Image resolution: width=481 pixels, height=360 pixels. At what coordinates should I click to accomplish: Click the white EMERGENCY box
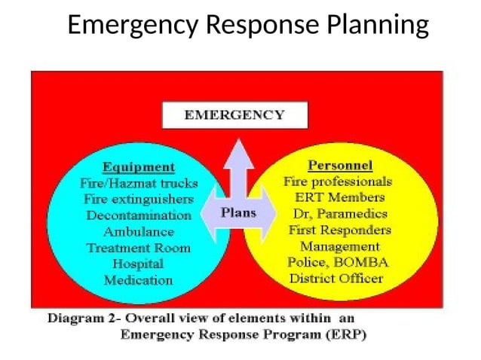point(235,115)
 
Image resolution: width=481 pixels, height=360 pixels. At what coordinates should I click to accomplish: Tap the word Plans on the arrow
point(238,212)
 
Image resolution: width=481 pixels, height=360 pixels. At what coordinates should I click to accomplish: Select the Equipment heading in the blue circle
point(138,166)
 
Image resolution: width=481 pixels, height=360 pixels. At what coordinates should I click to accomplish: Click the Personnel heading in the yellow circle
point(340,165)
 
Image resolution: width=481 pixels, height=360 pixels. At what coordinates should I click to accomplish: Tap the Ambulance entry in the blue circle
point(138,231)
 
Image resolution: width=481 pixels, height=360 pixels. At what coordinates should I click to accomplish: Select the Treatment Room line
point(138,248)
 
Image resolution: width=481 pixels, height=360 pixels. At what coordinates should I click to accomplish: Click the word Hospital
point(138,264)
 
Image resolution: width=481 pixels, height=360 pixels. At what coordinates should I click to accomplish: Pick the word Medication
point(138,280)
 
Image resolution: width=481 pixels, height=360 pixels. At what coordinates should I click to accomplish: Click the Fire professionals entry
point(338,182)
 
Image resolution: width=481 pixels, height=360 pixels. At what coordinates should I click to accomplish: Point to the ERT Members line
point(339,197)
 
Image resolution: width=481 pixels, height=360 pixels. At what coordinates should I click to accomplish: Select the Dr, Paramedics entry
point(339,214)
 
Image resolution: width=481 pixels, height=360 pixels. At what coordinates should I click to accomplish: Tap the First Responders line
point(339,230)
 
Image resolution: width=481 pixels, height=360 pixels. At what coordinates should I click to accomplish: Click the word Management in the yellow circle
point(340,246)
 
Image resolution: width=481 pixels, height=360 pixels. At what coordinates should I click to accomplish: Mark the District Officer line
point(336,278)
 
